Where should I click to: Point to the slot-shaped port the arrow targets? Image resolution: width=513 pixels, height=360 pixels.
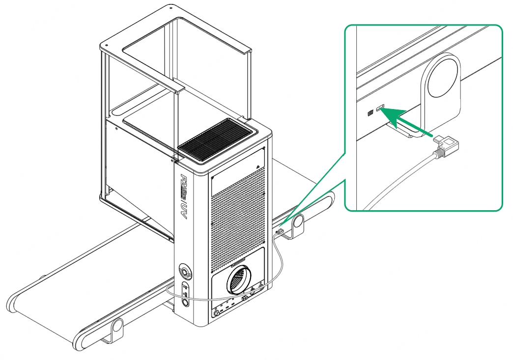(380, 107)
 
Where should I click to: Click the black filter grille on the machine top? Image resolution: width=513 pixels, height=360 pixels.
(216, 140)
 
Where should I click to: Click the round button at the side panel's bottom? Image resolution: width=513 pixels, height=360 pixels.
(186, 303)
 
